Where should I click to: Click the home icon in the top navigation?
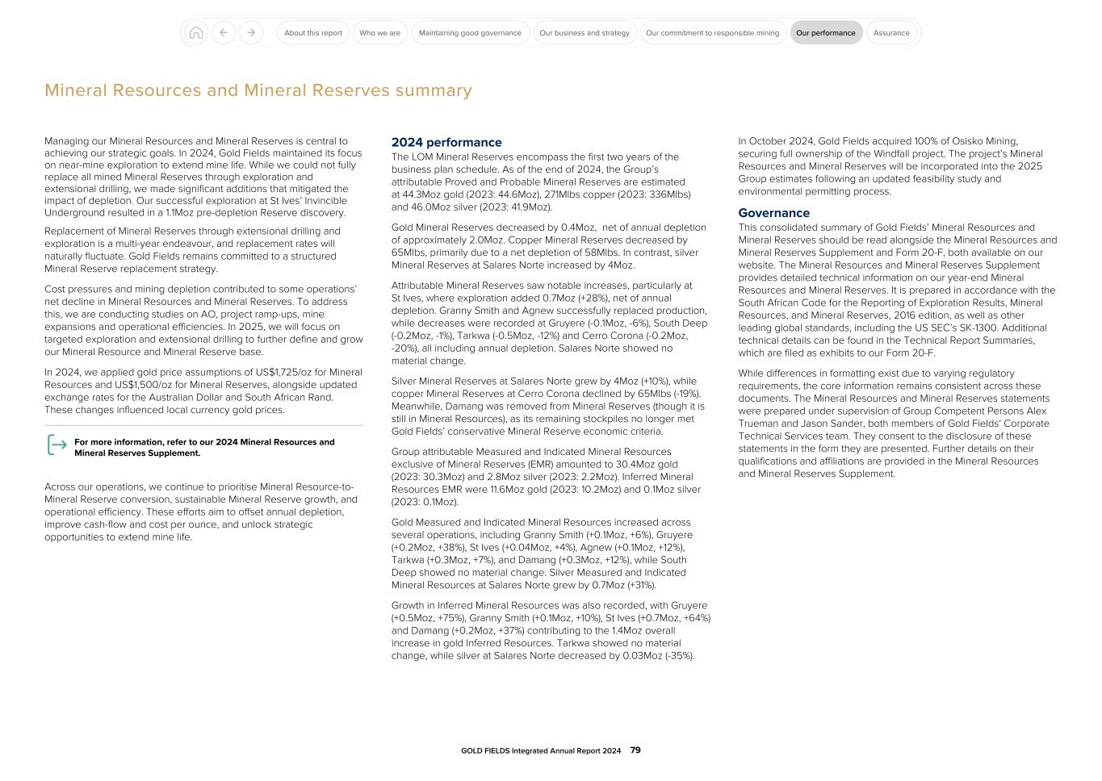pos(195,33)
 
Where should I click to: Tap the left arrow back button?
pos(224,33)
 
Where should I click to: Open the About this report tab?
pos(312,33)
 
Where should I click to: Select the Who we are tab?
pos(379,33)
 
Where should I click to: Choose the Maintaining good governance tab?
pos(470,33)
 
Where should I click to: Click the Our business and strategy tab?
pos(584,33)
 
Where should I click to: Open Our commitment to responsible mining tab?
pos(712,33)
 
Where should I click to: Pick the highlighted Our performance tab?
pos(825,33)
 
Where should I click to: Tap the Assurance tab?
pos(891,33)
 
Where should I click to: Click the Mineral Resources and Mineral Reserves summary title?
pos(258,90)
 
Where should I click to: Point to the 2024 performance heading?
pos(446,143)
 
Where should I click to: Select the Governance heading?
pos(773,213)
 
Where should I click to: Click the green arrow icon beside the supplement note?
pos(57,445)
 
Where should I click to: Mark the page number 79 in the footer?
pos(635,750)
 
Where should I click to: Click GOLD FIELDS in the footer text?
pos(485,751)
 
